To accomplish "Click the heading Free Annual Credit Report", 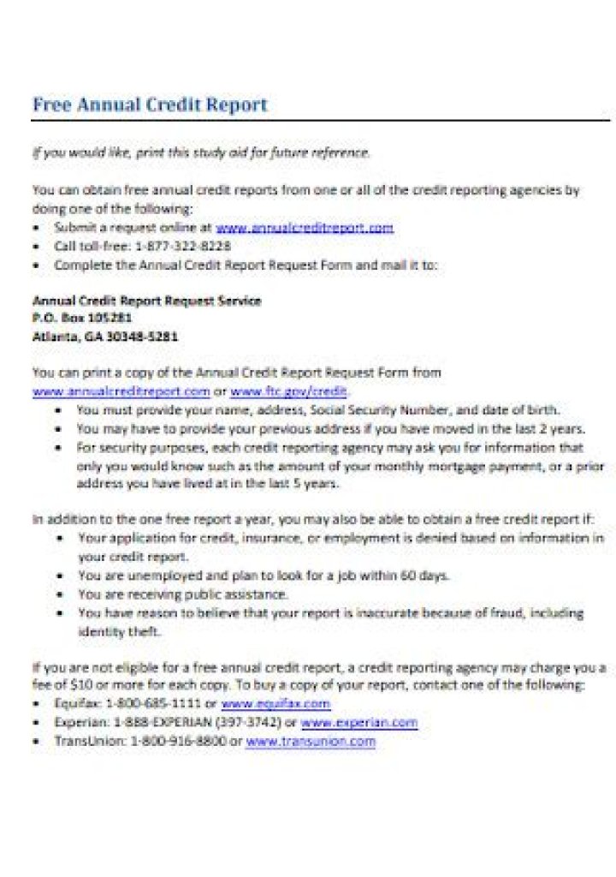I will tap(150, 105).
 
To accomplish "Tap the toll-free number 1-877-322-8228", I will tap(183, 246).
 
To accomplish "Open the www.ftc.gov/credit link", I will tap(288, 391).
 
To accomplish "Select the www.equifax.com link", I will tap(275, 703).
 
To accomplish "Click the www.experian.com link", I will tap(359, 722).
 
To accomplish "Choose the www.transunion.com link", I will tap(310, 741).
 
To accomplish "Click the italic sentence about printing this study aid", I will tap(201, 153).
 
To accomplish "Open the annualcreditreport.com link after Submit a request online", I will tap(304, 228).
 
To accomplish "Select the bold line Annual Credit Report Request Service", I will tap(146, 301).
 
